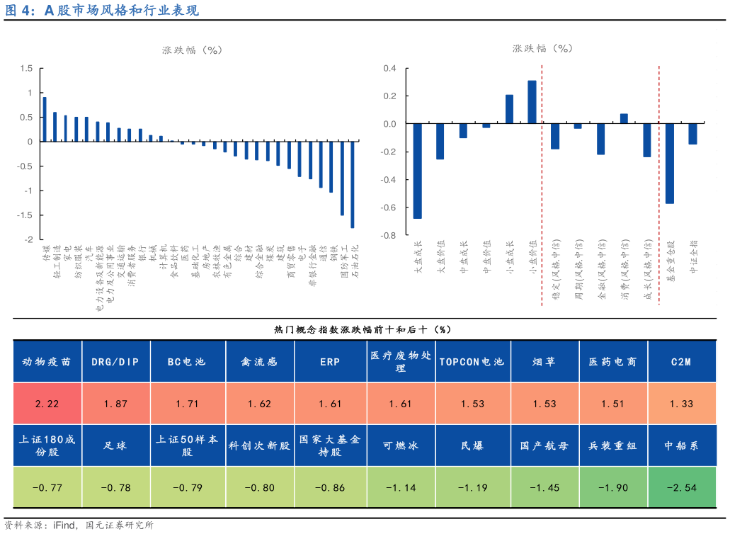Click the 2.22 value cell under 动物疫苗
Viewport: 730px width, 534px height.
pyautogui.click(x=47, y=404)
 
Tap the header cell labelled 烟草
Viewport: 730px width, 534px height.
pyautogui.click(x=544, y=362)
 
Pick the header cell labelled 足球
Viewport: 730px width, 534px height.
pyautogui.click(x=117, y=446)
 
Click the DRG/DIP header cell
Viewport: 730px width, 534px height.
pyautogui.click(x=117, y=362)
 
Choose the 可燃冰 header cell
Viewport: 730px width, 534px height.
pyautogui.click(x=401, y=446)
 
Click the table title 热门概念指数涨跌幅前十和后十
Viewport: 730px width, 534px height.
pyautogui.click(x=363, y=329)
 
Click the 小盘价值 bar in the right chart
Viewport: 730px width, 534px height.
pyautogui.click(x=532, y=102)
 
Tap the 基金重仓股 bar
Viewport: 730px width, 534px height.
pyautogui.click(x=670, y=164)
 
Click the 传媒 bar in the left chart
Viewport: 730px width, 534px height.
pyautogui.click(x=45, y=119)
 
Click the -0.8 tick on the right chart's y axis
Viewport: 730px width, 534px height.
pyautogui.click(x=389, y=235)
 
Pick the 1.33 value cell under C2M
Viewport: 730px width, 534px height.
pyautogui.click(x=682, y=404)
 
